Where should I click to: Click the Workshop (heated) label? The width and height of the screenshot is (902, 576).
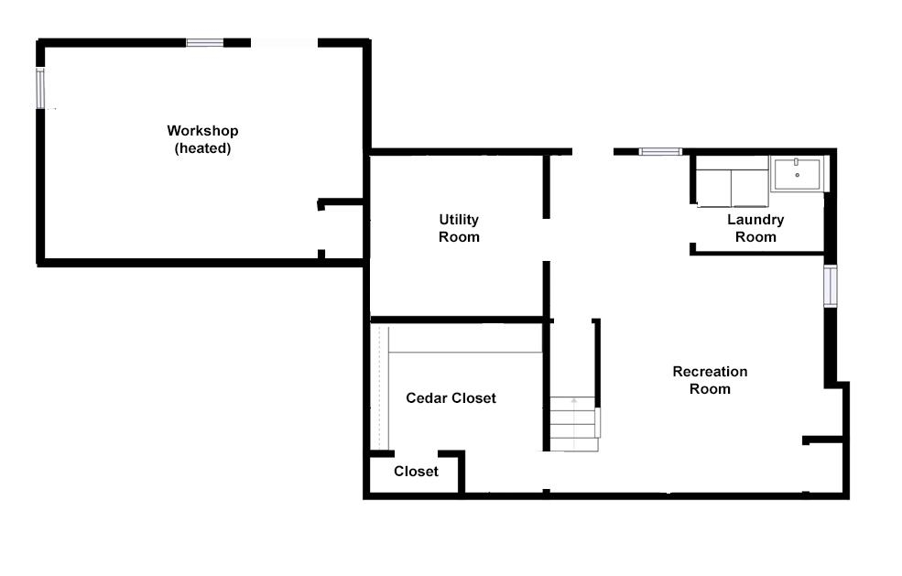point(202,139)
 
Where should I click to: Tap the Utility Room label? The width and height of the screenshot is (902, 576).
point(459,228)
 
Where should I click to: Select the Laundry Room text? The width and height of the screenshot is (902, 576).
point(755,228)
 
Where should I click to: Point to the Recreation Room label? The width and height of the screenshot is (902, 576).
point(710,380)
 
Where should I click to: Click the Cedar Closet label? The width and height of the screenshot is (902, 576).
point(451,397)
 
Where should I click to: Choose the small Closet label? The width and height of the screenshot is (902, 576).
point(416,472)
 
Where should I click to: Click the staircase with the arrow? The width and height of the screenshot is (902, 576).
point(574,423)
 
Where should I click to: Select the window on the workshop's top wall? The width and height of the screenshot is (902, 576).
point(204,42)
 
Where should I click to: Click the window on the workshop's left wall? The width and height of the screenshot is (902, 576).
point(40,88)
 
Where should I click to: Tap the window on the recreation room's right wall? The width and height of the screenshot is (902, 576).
point(830,286)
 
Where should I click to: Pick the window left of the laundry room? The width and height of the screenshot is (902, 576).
point(660,151)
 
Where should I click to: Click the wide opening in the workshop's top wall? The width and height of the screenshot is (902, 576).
point(284,42)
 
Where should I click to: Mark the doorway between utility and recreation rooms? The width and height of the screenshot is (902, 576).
point(547,240)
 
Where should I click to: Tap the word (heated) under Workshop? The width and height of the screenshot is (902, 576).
point(202,148)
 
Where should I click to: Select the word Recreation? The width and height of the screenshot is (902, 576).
point(710,372)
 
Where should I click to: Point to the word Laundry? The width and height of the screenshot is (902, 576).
point(755,220)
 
